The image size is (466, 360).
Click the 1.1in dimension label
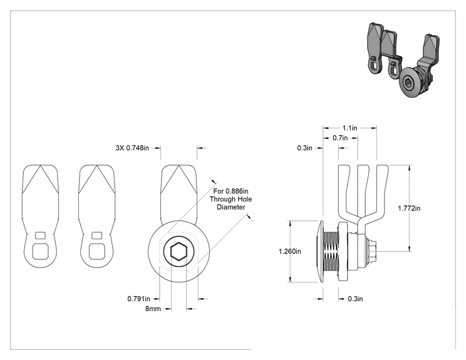(349, 128)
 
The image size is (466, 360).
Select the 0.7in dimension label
(340, 138)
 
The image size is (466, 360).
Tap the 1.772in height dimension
(409, 208)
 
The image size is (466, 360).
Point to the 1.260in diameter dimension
(289, 251)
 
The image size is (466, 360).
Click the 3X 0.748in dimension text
(132, 148)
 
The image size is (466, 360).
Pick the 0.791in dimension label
(139, 299)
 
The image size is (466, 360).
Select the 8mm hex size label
(153, 309)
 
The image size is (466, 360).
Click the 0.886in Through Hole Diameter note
(230, 199)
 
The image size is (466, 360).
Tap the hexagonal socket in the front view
(179, 252)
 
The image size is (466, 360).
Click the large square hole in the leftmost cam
(40, 252)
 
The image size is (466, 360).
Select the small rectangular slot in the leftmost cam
(40, 235)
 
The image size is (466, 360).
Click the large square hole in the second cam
(96, 252)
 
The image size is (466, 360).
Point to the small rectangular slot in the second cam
(96, 235)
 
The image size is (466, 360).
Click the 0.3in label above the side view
(304, 148)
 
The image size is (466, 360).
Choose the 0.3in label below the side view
(355, 299)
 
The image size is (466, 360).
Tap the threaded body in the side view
(331, 251)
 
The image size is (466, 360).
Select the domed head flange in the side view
(321, 251)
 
